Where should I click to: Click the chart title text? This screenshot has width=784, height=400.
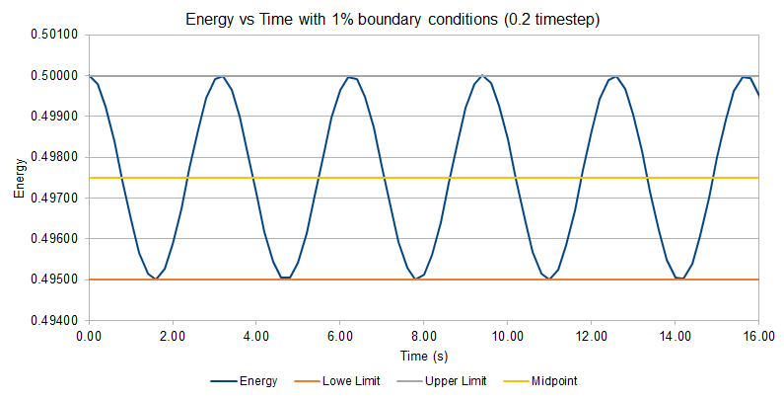coord(392,19)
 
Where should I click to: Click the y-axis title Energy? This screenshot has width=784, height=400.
coord(20,178)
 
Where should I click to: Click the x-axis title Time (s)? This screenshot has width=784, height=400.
coord(423,353)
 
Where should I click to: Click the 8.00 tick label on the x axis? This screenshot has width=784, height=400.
coord(424,336)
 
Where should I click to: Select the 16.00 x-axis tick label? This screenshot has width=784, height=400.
coord(757,336)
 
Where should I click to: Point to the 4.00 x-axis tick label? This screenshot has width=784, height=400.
coord(256,336)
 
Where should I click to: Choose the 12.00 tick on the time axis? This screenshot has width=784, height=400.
coord(591,336)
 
